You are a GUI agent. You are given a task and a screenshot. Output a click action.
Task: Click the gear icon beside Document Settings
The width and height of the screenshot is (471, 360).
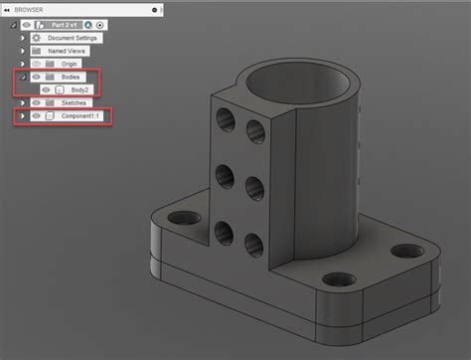click(36, 37)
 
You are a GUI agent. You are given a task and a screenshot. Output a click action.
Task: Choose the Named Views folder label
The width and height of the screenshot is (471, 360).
click(68, 50)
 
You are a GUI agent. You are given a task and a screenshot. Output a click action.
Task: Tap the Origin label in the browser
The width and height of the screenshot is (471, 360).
click(69, 63)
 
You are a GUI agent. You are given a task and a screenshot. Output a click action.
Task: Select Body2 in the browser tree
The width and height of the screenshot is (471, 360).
click(79, 90)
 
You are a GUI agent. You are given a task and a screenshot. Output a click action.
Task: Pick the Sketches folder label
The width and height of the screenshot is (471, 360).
click(74, 102)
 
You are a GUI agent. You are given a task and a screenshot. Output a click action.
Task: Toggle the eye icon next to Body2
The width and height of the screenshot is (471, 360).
click(45, 90)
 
